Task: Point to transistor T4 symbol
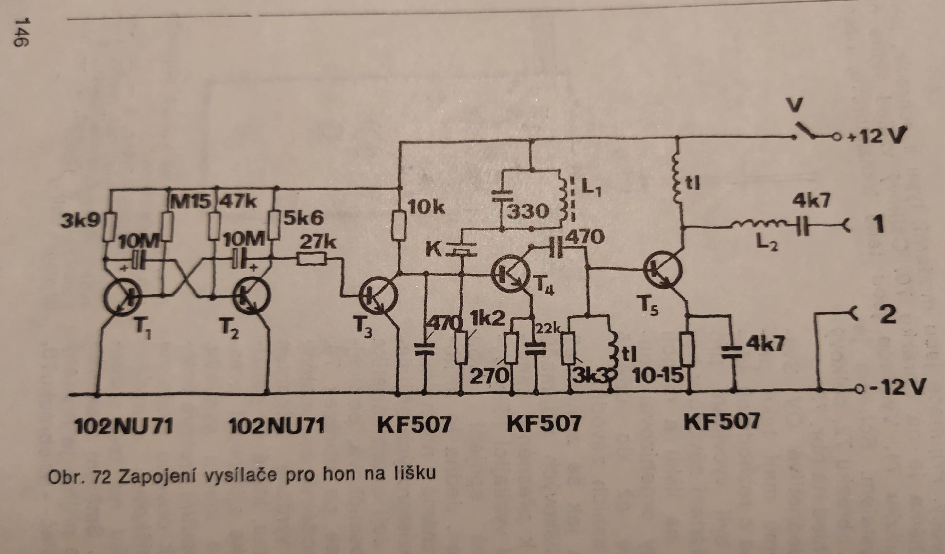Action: (x=510, y=274)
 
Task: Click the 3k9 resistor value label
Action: (x=80, y=222)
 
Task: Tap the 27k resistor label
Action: (x=318, y=242)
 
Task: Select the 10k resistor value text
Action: (x=426, y=208)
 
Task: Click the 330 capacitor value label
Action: (x=529, y=212)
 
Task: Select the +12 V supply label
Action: (x=876, y=137)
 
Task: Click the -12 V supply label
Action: (x=896, y=387)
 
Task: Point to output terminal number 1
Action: (x=877, y=225)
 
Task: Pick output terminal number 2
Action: (x=887, y=314)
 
